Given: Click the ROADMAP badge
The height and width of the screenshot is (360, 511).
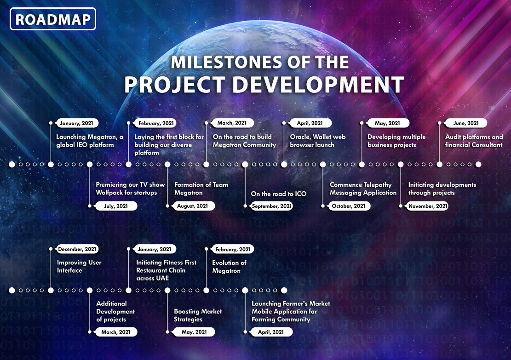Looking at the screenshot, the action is click(x=53, y=19).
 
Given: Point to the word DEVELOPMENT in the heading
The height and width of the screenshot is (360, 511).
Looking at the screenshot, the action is click(x=318, y=85).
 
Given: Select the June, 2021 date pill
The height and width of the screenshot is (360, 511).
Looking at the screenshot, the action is click(x=466, y=123).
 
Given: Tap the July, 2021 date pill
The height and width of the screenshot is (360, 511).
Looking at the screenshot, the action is click(x=116, y=206).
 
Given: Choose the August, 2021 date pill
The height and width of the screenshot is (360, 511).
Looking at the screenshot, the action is click(x=192, y=206).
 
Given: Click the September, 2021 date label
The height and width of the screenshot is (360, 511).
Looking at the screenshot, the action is click(x=271, y=206).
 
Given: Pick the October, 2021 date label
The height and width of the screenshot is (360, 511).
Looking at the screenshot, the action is click(x=348, y=206).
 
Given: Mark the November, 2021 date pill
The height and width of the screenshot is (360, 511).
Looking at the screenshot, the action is click(x=428, y=206).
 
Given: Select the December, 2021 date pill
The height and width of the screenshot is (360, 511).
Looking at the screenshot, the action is click(x=77, y=249).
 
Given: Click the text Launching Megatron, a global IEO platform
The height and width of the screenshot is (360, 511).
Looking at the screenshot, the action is click(x=90, y=141).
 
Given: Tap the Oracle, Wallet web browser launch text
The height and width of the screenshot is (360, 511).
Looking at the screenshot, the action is click(x=318, y=141).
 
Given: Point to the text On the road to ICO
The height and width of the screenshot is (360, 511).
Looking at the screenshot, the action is click(x=279, y=194).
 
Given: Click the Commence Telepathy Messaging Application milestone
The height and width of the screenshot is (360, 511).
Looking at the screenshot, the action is click(x=363, y=189).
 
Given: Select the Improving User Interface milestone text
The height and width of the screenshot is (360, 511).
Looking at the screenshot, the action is click(x=79, y=266).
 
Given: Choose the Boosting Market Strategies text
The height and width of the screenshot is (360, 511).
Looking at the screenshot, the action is click(x=198, y=315).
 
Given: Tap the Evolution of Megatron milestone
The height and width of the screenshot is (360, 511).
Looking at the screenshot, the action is click(x=229, y=267).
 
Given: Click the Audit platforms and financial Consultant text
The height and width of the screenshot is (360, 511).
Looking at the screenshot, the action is click(x=474, y=141).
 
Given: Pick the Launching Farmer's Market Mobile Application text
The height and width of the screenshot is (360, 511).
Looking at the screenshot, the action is click(x=291, y=311).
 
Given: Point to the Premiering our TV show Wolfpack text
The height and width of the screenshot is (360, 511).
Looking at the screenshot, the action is click(x=130, y=189).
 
